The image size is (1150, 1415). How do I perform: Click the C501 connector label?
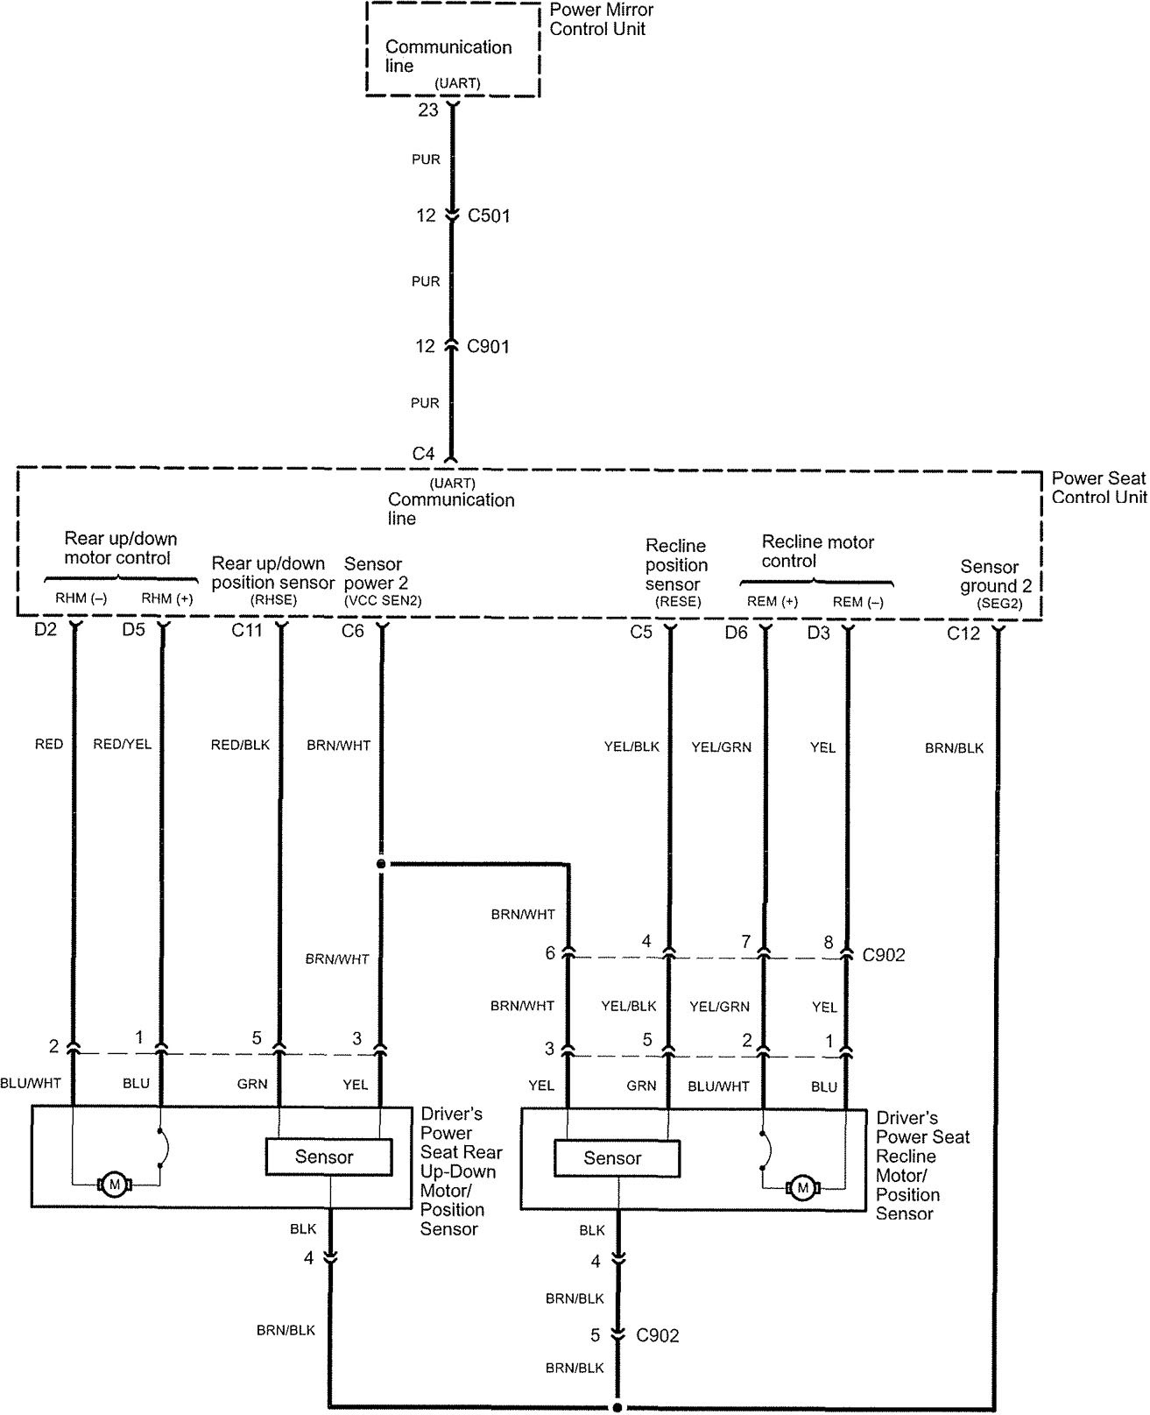[488, 216]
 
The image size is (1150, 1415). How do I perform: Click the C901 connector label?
[488, 347]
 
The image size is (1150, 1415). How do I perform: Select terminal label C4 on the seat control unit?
[424, 454]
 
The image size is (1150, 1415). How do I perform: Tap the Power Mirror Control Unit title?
[601, 19]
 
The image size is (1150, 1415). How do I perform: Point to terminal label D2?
[45, 630]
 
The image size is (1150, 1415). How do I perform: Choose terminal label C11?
[247, 631]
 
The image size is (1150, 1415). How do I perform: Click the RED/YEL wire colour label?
[122, 744]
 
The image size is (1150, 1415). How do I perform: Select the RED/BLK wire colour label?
[240, 745]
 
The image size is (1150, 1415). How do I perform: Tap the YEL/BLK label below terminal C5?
[631, 746]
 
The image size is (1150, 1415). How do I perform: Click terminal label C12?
[963, 633]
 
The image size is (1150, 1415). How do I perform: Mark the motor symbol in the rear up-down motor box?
[114, 1185]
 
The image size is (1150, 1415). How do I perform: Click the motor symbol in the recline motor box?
[801, 1188]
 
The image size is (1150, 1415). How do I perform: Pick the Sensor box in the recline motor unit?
[613, 1158]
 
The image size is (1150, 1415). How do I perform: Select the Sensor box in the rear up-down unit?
[324, 1157]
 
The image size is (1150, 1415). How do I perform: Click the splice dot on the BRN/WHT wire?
[381, 865]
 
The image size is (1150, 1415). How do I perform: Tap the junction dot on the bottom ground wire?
[617, 1408]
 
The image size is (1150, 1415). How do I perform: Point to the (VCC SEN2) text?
[383, 600]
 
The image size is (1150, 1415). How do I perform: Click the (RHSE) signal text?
[274, 600]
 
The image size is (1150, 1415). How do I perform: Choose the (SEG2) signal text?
[998, 604]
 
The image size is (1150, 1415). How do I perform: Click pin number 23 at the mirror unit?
[427, 110]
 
